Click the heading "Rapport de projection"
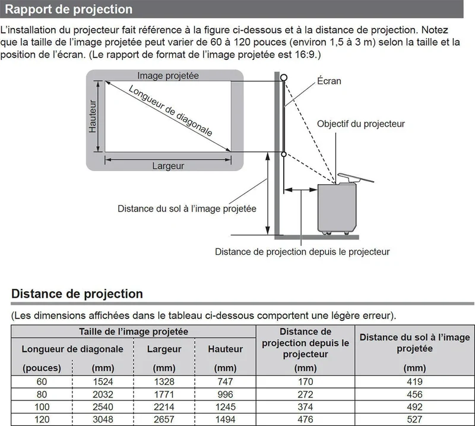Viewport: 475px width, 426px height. click(x=69, y=9)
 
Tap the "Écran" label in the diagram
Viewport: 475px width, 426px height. click(x=329, y=81)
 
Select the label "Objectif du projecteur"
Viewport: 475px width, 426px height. click(x=361, y=124)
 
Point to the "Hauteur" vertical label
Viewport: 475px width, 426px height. click(x=93, y=116)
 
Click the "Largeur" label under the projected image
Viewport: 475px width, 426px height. click(x=168, y=166)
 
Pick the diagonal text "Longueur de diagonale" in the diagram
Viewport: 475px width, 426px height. click(x=170, y=111)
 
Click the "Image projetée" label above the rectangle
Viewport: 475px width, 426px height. click(x=168, y=75)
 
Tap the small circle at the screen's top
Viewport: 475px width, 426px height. click(x=284, y=78)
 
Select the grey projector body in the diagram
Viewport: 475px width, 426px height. click(x=337, y=208)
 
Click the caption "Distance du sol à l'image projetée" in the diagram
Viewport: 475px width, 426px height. click(x=187, y=209)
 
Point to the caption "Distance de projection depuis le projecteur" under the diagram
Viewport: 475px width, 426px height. click(x=302, y=252)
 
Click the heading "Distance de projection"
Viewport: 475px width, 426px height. click(x=77, y=294)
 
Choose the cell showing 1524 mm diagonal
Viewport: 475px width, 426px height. click(x=103, y=381)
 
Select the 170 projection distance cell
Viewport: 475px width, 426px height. click(x=305, y=381)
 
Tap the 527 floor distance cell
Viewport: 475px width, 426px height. click(x=414, y=419)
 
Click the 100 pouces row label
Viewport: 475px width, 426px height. click(x=42, y=406)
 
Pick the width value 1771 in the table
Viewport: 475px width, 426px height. click(x=164, y=394)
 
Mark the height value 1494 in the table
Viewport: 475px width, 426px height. click(x=226, y=419)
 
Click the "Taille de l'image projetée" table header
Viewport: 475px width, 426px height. click(x=134, y=332)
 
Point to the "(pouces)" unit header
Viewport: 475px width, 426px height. click(x=42, y=368)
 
